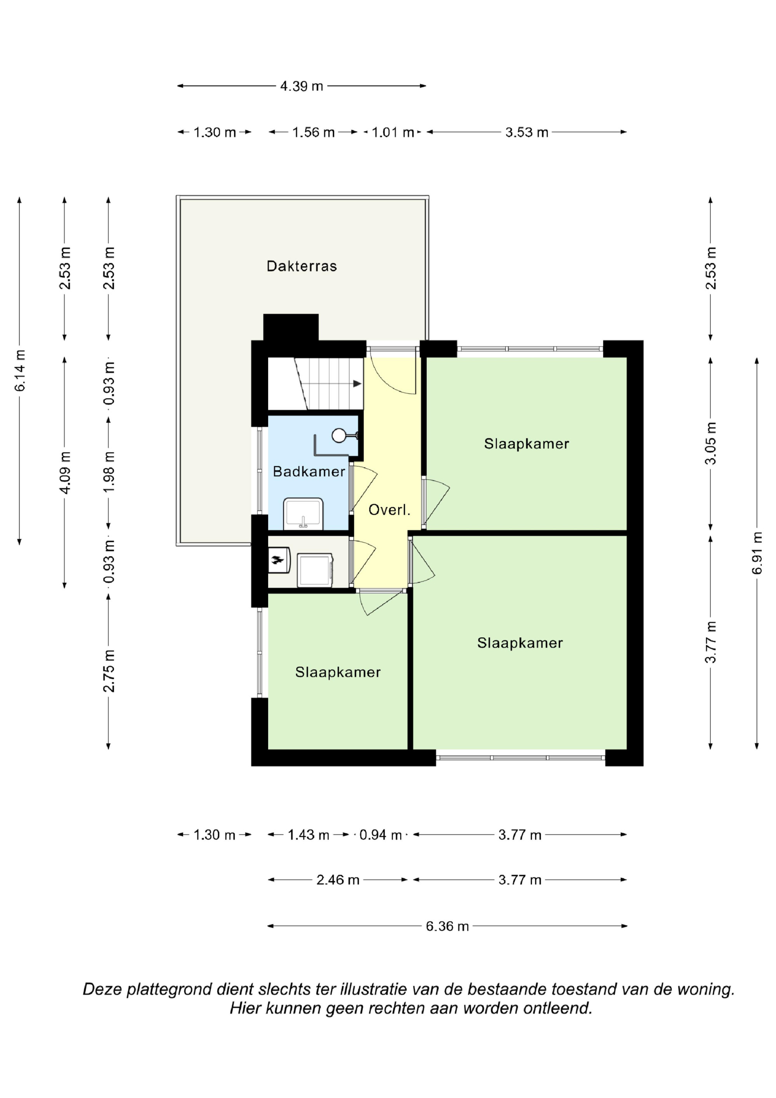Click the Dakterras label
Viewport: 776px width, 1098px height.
pyautogui.click(x=302, y=266)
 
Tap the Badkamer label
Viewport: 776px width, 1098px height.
pyautogui.click(x=309, y=472)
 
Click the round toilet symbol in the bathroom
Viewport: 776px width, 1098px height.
pyautogui.click(x=339, y=435)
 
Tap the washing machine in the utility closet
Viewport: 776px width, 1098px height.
pyautogui.click(x=315, y=570)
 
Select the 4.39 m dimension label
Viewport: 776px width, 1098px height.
pyautogui.click(x=302, y=86)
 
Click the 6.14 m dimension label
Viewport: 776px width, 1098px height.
pyautogui.click(x=20, y=371)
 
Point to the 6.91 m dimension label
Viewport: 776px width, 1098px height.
pyautogui.click(x=757, y=553)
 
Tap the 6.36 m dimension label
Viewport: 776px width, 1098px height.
pyautogui.click(x=447, y=926)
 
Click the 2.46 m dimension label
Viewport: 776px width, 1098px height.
pyautogui.click(x=338, y=880)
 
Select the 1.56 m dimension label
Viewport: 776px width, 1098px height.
pyautogui.click(x=314, y=132)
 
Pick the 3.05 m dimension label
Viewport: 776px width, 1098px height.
pyautogui.click(x=711, y=443)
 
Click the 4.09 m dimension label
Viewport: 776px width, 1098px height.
pyautogui.click(x=65, y=472)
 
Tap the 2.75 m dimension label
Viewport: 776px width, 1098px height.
pyautogui.click(x=109, y=671)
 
